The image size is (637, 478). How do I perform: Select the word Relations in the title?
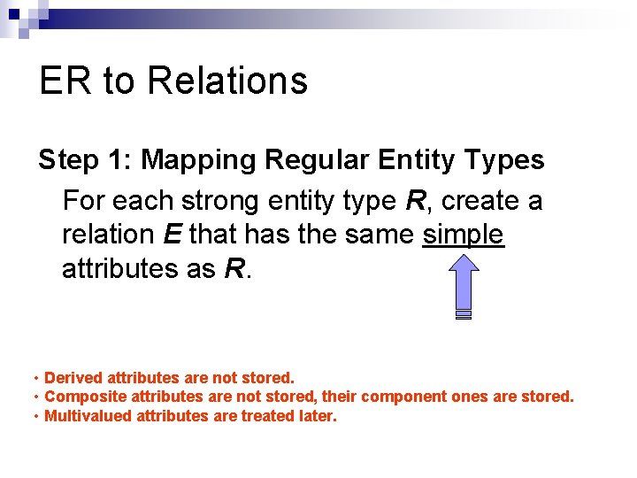coord(227,81)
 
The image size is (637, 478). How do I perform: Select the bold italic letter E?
coord(172,235)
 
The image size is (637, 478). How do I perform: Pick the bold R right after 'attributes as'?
coord(234,268)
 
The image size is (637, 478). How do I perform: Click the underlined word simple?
coord(464,235)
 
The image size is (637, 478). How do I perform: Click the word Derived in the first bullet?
coord(73,378)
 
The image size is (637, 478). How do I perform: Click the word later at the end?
coord(318,415)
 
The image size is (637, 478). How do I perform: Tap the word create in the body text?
coord(480,201)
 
